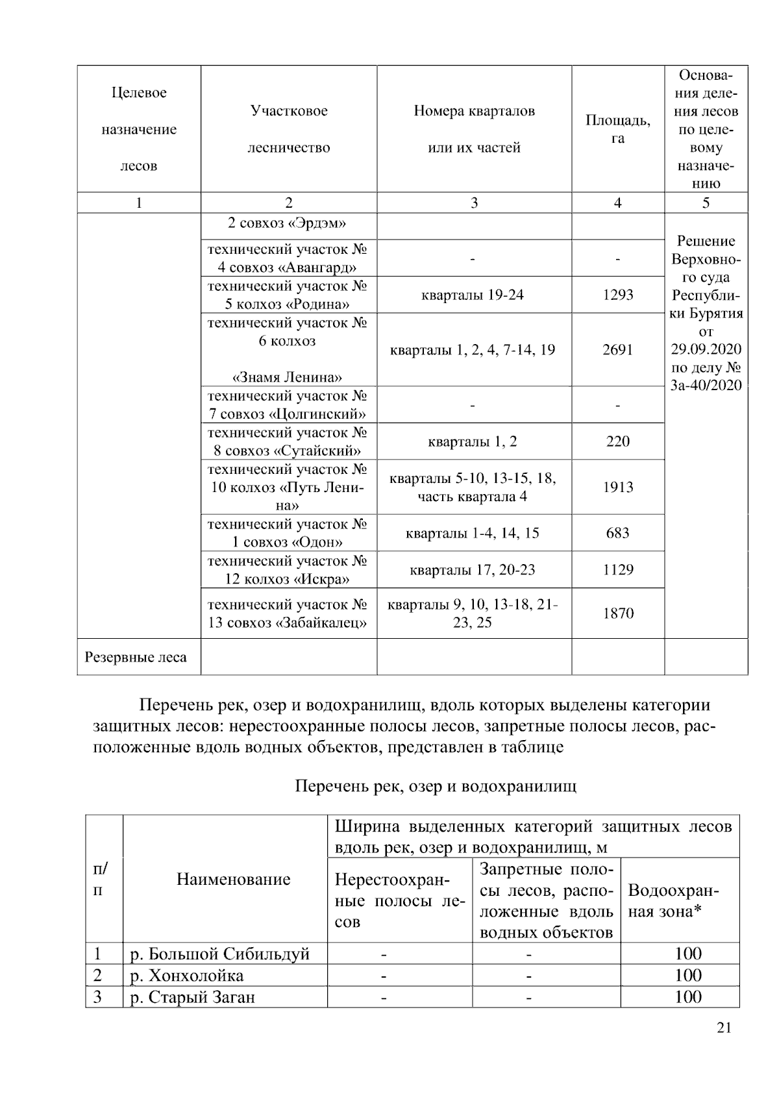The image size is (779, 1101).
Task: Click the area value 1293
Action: tap(617, 295)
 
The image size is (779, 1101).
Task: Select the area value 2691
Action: tap(617, 350)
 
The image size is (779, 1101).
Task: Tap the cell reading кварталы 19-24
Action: tap(473, 295)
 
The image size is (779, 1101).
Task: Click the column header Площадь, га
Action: tap(617, 129)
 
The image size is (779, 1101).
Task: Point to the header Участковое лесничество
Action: tap(289, 129)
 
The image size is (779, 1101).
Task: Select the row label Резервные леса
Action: tap(136, 657)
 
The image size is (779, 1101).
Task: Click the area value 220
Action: tap(617, 441)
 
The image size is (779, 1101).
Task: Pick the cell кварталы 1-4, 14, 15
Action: tap(473, 533)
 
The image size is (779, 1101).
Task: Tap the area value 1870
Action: tap(617, 613)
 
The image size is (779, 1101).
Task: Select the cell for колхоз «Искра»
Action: tap(288, 570)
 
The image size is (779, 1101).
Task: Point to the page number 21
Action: tap(724, 1028)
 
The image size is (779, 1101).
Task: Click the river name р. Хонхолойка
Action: tap(187, 975)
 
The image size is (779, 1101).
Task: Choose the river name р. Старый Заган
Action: tap(193, 996)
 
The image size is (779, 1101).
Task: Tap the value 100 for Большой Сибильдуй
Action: tap(687, 954)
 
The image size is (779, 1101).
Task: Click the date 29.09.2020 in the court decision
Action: tap(706, 349)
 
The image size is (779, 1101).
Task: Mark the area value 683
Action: tap(617, 533)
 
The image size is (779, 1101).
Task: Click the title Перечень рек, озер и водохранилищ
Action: tap(436, 787)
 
